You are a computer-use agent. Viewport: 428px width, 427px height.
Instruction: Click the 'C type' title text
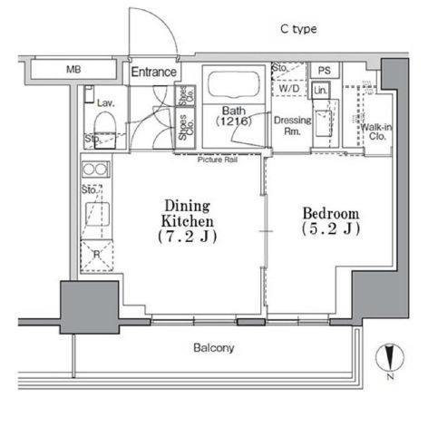tap(297, 30)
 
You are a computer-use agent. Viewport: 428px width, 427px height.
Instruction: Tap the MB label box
tap(74, 69)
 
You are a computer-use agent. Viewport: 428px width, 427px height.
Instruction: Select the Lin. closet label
tap(321, 91)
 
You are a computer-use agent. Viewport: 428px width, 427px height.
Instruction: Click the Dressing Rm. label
tap(292, 125)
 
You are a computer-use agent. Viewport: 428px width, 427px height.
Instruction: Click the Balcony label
tap(214, 347)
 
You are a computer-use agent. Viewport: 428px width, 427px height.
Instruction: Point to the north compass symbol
tap(388, 359)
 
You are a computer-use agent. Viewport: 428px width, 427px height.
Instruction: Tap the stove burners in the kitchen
tap(96, 170)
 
